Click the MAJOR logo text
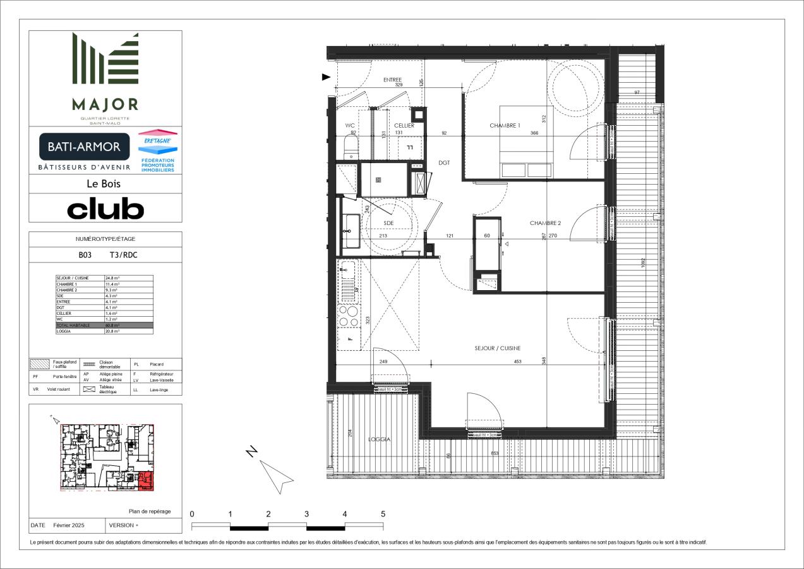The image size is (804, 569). (x=105, y=104)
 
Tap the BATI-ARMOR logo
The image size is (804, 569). (x=85, y=147)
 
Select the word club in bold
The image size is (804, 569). (x=105, y=209)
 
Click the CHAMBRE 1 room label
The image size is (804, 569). (x=505, y=126)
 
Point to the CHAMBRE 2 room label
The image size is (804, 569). (x=545, y=223)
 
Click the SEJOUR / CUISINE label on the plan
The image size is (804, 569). (x=498, y=348)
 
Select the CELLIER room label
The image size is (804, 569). (x=404, y=126)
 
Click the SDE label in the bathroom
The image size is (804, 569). (x=388, y=223)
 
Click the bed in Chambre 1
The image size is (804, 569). (x=525, y=142)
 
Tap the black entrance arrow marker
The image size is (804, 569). (x=327, y=77)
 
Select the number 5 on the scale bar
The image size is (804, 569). (x=383, y=514)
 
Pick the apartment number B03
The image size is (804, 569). (x=85, y=256)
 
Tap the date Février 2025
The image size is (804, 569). (x=69, y=525)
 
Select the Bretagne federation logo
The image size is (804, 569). (x=157, y=152)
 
